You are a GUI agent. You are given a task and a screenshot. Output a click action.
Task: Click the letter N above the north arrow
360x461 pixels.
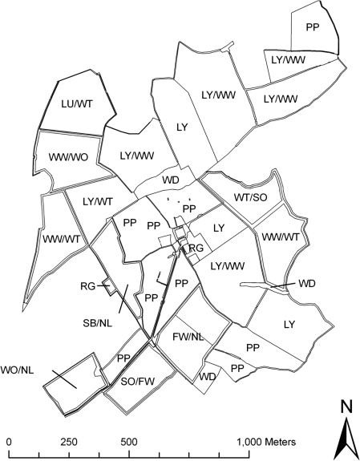[346, 406]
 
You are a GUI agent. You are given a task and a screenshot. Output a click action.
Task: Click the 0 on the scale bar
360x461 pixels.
[8, 441]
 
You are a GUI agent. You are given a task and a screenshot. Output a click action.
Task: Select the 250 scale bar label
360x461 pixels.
[68, 441]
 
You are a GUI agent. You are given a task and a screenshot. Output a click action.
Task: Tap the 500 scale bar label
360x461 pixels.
[128, 441]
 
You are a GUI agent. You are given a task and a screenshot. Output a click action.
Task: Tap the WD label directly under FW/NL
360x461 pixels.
[208, 376]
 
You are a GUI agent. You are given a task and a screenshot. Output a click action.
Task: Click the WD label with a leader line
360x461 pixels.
[306, 284]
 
